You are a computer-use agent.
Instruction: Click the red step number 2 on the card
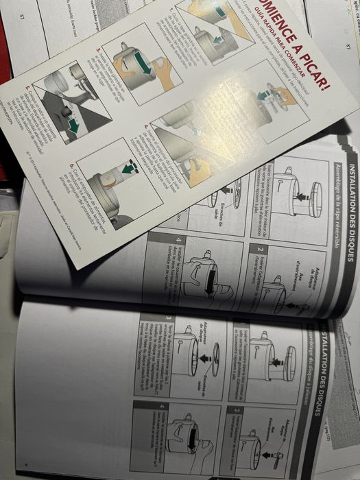[x=97, y=49]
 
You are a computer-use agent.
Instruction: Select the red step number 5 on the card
[x=27, y=88]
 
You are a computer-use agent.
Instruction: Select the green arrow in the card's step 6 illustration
[x=126, y=167]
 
